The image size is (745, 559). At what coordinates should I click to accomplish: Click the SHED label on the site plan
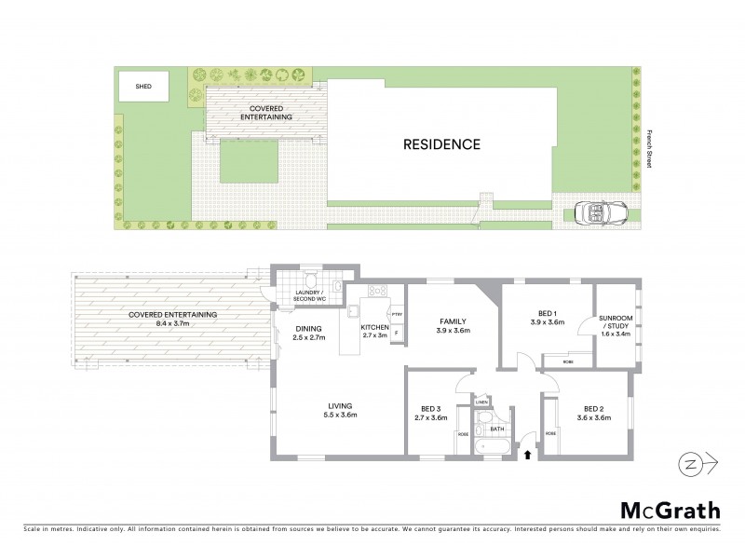142,86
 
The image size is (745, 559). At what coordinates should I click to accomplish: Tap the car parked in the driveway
595,213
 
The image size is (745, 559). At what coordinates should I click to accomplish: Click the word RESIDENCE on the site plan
441,144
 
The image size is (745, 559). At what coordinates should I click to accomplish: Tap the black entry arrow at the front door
527,455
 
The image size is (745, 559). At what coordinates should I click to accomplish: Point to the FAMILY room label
454,321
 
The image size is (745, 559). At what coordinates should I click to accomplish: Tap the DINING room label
308,329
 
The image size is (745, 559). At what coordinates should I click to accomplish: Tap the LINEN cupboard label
482,403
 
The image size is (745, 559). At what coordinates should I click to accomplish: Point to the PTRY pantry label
396,314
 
